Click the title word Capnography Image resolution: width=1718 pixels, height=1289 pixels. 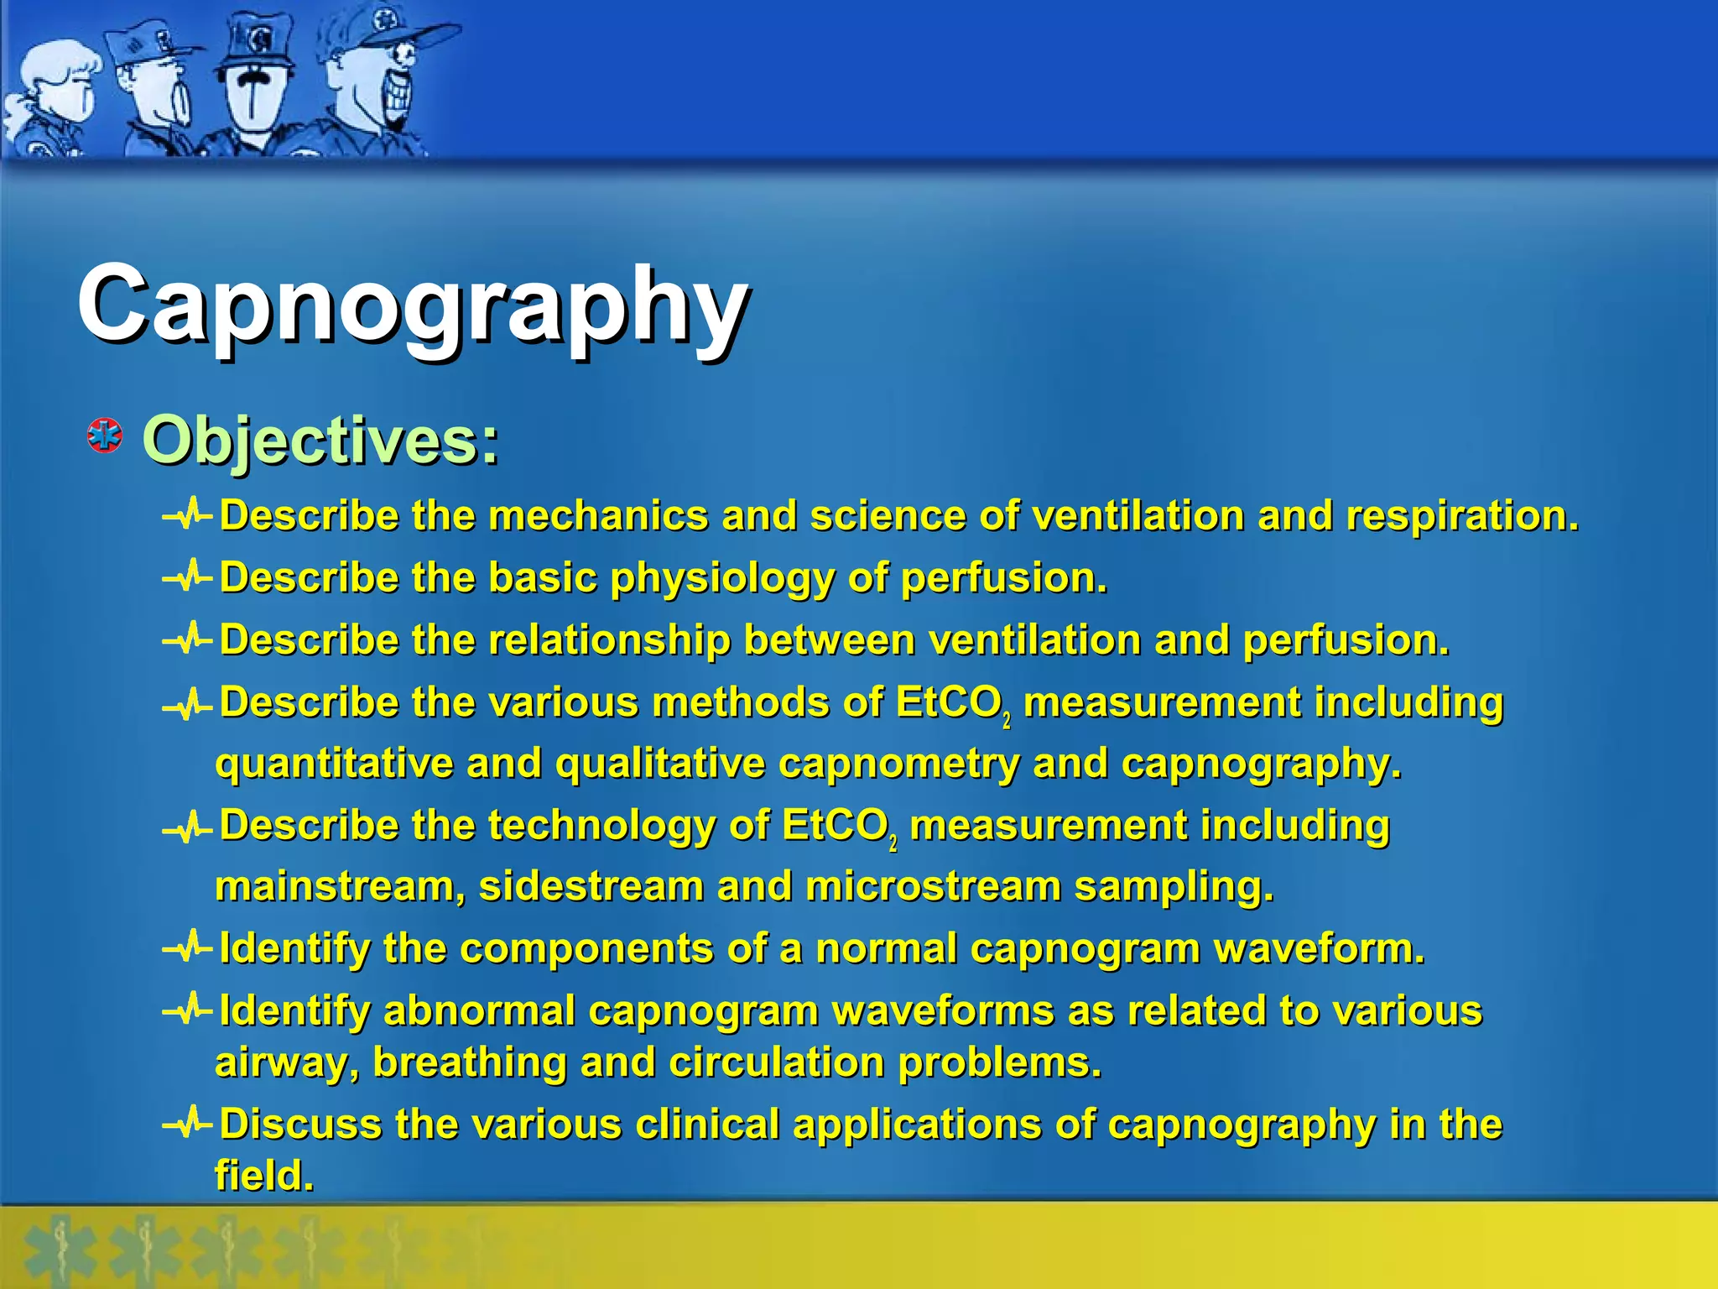click(413, 305)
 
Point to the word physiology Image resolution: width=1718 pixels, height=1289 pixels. click(721, 579)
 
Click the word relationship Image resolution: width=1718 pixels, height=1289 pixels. click(609, 640)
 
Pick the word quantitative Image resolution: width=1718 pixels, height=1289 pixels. click(336, 764)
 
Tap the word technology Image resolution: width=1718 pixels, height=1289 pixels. click(601, 826)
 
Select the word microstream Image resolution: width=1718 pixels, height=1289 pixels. click(932, 887)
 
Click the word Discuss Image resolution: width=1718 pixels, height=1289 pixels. click(300, 1125)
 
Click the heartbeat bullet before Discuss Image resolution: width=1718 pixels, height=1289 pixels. click(186, 1123)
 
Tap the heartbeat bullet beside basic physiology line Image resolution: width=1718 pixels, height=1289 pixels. click(186, 577)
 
